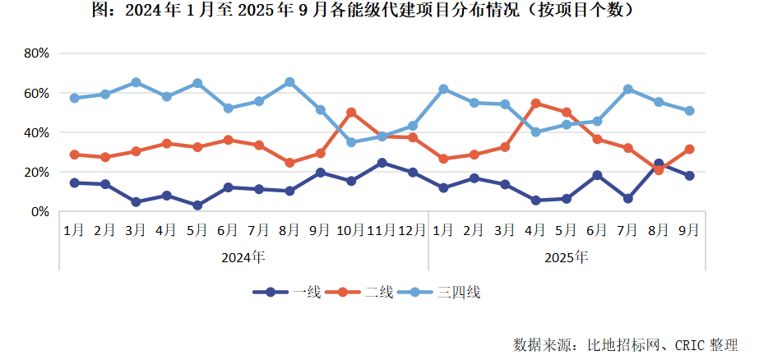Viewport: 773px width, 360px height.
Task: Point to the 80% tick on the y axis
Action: (x=37, y=53)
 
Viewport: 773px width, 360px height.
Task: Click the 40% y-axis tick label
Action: (x=37, y=132)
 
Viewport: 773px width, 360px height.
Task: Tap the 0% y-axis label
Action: (x=40, y=211)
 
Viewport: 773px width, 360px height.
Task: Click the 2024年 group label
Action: (x=243, y=257)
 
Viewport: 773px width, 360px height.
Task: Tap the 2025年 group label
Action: (x=567, y=257)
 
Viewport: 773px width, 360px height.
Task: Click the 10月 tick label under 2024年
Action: (x=351, y=231)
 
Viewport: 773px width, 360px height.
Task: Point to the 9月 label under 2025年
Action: (x=689, y=231)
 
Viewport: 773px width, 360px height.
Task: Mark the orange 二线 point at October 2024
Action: (x=351, y=112)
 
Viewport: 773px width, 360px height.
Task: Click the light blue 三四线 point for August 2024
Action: (x=289, y=82)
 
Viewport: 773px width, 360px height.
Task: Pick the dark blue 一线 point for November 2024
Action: (x=382, y=163)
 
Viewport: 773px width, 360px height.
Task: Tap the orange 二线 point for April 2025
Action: (x=535, y=104)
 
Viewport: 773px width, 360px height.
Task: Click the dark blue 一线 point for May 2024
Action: (x=197, y=205)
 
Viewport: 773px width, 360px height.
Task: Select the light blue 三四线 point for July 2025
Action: (x=627, y=89)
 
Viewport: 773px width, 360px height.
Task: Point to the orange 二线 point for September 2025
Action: (x=689, y=150)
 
